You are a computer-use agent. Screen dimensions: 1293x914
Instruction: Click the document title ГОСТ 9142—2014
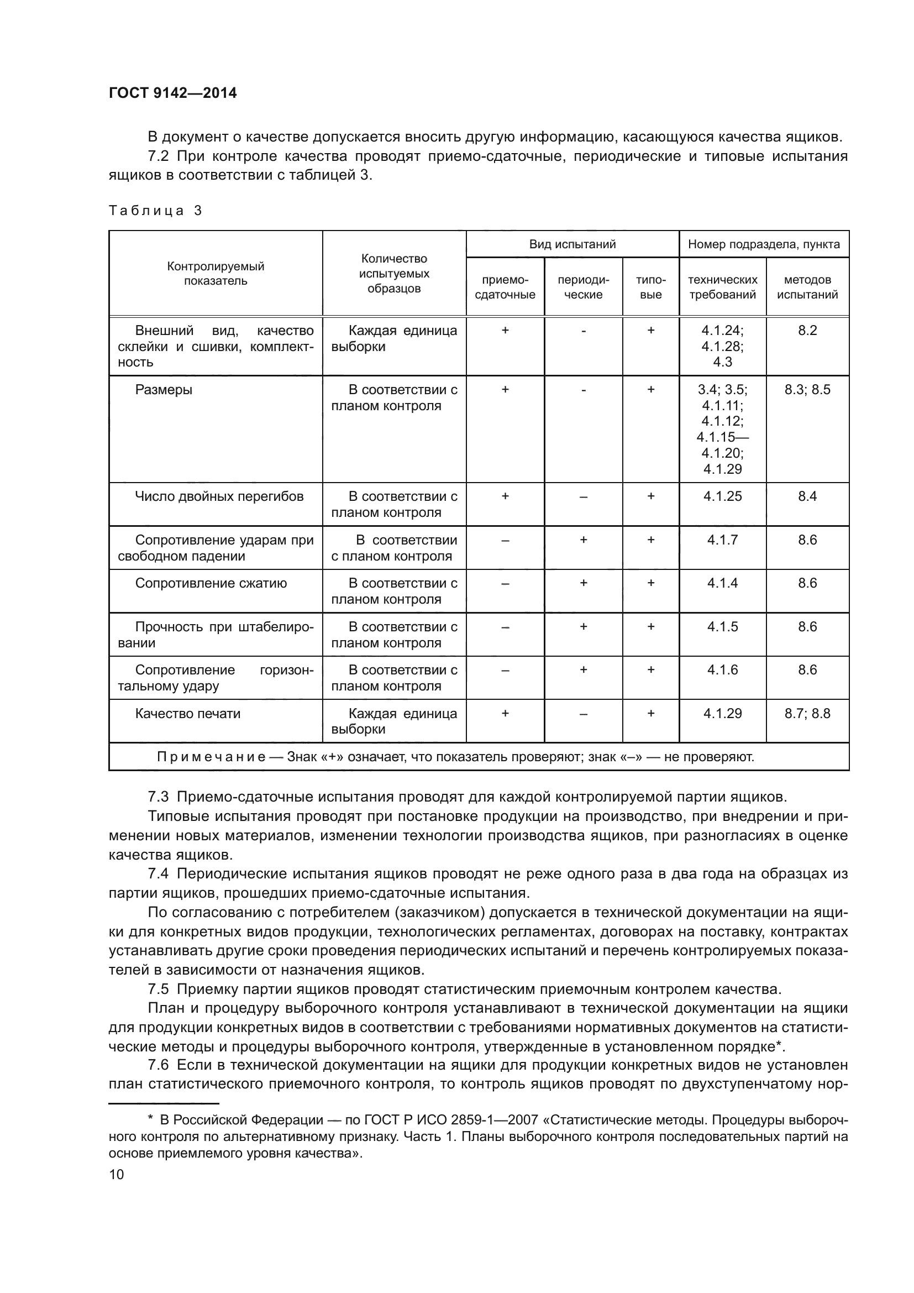[x=172, y=93]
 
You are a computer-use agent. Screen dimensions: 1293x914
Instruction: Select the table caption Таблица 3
[x=155, y=211]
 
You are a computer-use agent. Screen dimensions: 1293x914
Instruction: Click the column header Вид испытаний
[x=572, y=244]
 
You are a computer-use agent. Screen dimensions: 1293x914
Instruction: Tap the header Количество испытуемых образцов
[x=394, y=274]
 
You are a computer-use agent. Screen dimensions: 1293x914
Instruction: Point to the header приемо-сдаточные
[x=505, y=287]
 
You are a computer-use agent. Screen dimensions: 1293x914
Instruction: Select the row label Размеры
[x=164, y=390]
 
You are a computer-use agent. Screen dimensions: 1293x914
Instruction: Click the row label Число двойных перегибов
[x=219, y=496]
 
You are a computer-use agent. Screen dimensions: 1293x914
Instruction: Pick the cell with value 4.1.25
[x=722, y=496]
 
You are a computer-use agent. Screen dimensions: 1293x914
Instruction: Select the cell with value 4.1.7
[x=722, y=540]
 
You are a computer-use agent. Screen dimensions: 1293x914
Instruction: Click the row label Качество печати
[x=187, y=714]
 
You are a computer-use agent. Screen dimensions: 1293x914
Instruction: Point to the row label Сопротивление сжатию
[x=211, y=583]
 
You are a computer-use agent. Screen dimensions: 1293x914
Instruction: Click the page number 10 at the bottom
[x=116, y=1174]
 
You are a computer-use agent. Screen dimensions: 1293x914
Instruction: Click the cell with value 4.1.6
[x=722, y=670]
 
